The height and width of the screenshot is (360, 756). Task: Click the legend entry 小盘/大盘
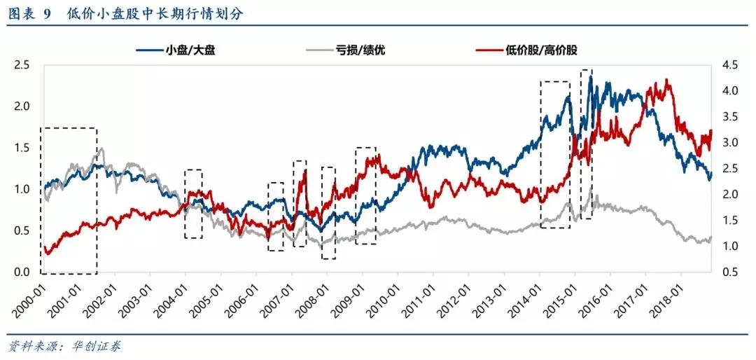(x=185, y=50)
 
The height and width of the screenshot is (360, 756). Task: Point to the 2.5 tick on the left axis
(x=21, y=65)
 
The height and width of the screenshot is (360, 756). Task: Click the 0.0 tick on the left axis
(x=21, y=272)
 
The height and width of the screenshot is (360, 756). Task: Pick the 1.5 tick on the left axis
(x=21, y=148)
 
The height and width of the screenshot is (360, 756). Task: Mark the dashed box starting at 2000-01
(x=69, y=201)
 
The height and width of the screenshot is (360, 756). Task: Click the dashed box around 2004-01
(x=193, y=204)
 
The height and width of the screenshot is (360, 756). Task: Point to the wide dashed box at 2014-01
(x=555, y=154)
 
